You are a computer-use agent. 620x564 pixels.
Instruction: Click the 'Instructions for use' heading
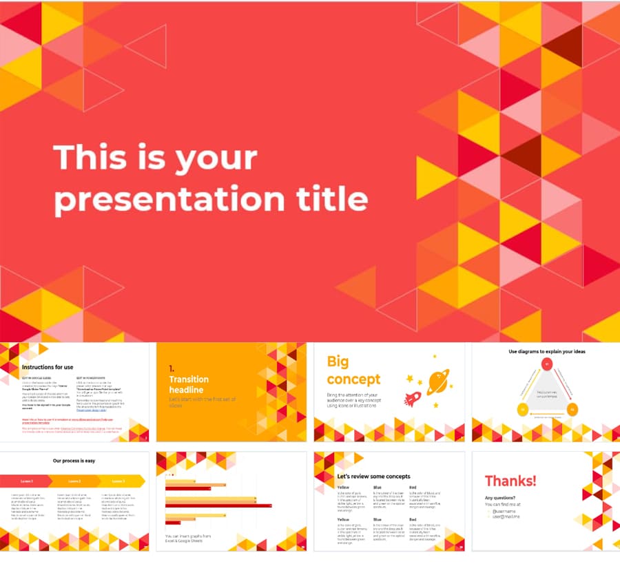click(x=48, y=367)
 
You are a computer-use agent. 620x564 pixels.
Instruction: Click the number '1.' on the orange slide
click(x=172, y=369)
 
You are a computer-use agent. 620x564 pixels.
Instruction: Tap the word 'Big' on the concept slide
click(x=338, y=362)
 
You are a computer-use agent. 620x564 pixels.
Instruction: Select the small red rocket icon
click(x=412, y=399)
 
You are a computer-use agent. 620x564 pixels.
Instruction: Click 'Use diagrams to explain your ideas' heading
click(x=546, y=352)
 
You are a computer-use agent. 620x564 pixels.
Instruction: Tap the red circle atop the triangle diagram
click(x=546, y=364)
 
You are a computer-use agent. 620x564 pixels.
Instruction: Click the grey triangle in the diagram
click(x=546, y=393)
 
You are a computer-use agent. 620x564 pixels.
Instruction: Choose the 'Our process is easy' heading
click(x=74, y=461)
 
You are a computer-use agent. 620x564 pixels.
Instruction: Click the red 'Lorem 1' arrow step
click(x=26, y=481)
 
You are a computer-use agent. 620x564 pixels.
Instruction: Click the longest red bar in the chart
click(x=218, y=505)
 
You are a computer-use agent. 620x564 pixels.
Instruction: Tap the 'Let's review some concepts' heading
click(x=373, y=476)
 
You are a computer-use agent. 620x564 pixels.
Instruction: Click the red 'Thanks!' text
click(x=510, y=481)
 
